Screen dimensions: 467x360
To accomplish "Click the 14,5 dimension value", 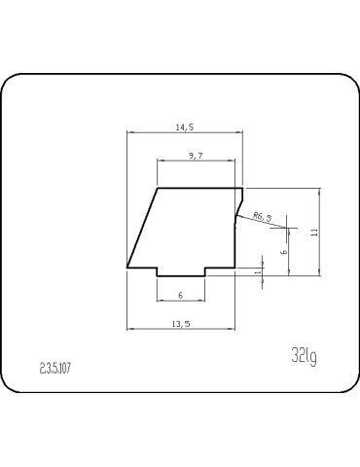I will pos(184,126).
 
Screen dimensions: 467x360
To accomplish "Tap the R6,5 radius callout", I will pos(262,215).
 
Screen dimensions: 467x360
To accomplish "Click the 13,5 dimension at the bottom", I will pos(180,323).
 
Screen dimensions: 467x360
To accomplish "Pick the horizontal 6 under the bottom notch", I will pos(180,295).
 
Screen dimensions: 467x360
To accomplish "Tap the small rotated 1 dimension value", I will pos(257,272).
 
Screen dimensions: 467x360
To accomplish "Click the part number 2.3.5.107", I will pos(57,368).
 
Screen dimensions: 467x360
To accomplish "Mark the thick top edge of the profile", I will pos(199,188).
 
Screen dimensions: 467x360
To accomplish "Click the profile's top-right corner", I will pos(242,188).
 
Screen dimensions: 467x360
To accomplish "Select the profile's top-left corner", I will pos(158,188).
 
